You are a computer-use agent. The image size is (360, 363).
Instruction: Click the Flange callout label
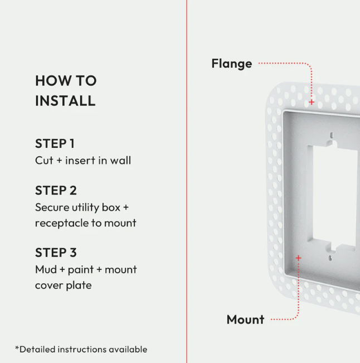click(232, 64)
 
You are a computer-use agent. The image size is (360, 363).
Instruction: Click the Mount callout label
click(245, 320)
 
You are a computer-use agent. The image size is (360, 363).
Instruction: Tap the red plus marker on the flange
click(312, 102)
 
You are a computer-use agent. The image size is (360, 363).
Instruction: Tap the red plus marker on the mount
click(299, 258)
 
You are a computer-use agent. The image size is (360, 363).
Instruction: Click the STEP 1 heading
click(55, 143)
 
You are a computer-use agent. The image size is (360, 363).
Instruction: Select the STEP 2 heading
click(56, 190)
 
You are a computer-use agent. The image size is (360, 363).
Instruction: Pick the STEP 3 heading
click(56, 253)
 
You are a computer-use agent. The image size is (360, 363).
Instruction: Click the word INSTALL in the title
click(65, 101)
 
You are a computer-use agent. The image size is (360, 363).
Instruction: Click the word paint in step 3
click(81, 270)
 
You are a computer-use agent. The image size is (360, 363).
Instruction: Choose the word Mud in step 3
click(46, 269)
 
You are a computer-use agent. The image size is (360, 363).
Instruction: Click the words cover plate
click(64, 285)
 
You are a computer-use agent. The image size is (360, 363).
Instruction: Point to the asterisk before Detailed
click(17, 347)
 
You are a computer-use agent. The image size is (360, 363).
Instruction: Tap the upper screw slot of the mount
click(332, 135)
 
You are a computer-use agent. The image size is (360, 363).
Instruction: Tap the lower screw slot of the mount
click(330, 258)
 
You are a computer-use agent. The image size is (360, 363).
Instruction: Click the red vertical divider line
click(187, 182)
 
